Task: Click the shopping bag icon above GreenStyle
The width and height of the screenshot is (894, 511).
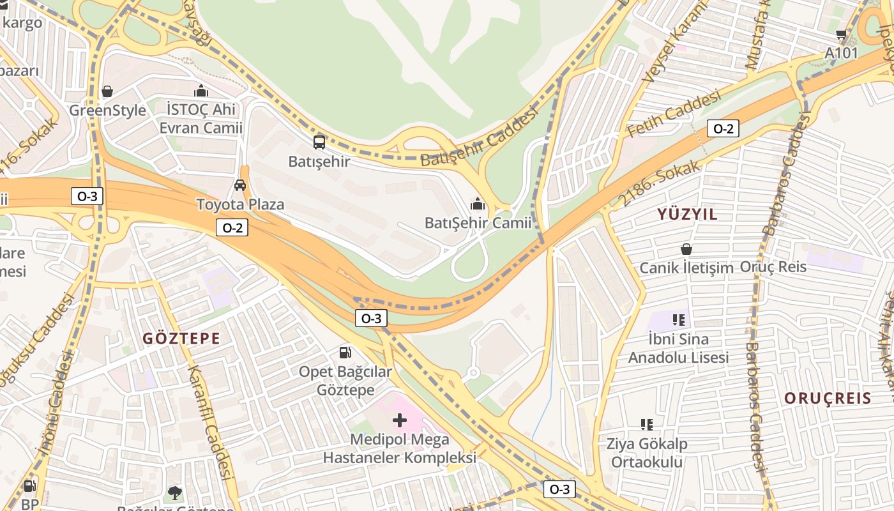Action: (x=107, y=91)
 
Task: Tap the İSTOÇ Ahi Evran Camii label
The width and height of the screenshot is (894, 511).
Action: (x=201, y=119)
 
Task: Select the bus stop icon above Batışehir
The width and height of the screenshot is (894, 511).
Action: (x=319, y=142)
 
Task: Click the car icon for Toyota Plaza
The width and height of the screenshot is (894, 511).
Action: (x=240, y=185)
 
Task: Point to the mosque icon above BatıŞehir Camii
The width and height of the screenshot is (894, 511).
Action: (x=477, y=204)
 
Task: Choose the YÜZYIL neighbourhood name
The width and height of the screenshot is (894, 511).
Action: (x=688, y=215)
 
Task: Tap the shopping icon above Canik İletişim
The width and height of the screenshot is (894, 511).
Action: (x=686, y=249)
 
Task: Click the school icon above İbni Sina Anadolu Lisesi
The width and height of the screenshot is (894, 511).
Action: (x=678, y=319)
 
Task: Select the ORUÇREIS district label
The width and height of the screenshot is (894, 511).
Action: (x=828, y=399)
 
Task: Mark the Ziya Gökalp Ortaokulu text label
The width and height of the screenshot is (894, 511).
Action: (x=647, y=453)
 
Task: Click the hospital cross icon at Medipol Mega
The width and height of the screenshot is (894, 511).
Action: (x=400, y=420)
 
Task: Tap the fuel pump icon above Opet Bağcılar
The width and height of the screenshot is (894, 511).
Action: (x=345, y=352)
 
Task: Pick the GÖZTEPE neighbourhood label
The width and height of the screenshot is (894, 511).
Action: (x=181, y=339)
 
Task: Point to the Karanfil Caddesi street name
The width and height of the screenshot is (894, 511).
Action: (x=209, y=422)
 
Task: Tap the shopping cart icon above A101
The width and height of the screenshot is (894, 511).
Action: (x=841, y=34)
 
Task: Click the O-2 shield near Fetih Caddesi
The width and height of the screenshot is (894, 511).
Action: (x=723, y=129)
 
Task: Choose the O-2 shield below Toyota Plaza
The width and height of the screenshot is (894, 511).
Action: (x=232, y=227)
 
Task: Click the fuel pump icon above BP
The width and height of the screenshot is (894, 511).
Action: (x=29, y=486)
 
